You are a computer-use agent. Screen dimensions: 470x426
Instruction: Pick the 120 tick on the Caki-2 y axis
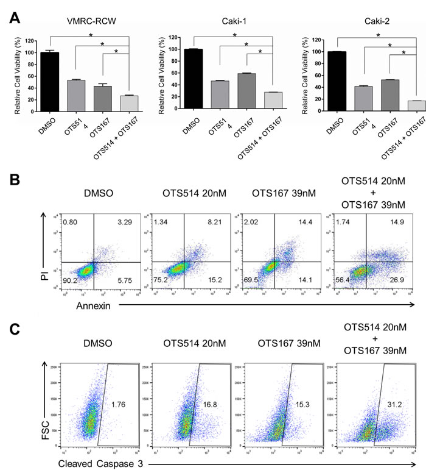317,40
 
